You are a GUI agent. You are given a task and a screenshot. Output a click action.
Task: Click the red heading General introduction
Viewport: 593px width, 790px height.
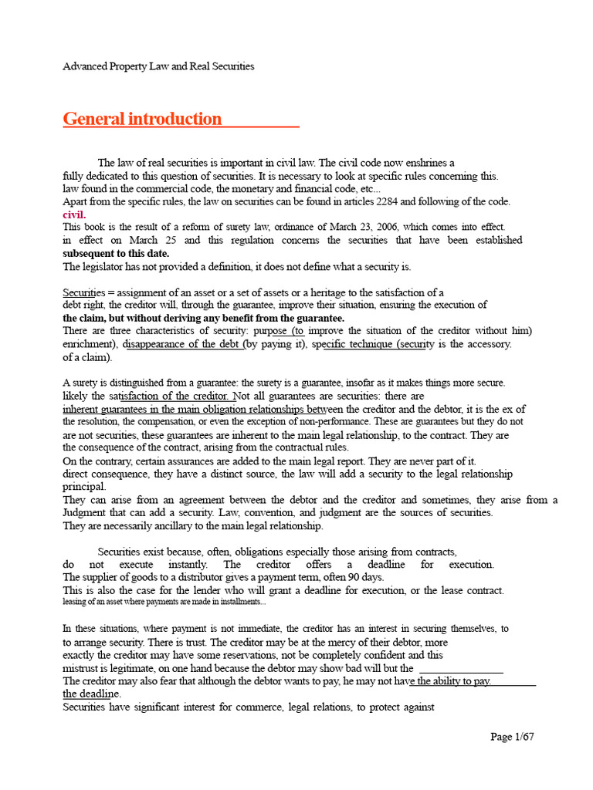pos(142,119)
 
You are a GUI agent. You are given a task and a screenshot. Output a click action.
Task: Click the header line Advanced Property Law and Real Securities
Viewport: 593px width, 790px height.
pos(158,66)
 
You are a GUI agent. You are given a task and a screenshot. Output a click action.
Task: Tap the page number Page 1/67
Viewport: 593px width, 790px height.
pos(512,737)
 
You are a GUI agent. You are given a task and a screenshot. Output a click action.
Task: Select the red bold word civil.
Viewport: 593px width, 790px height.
pos(74,214)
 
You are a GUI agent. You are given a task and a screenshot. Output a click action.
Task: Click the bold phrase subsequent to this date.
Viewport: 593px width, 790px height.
pos(116,253)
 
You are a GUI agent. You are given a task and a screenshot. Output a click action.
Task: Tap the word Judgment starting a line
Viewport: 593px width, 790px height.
pos(86,513)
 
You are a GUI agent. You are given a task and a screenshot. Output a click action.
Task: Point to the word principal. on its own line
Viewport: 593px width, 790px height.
pos(84,487)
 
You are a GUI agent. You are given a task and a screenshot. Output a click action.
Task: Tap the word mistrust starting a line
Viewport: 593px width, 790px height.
pos(81,667)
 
